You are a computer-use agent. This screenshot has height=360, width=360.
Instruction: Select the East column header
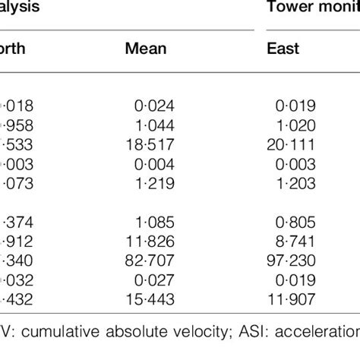(283, 49)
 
